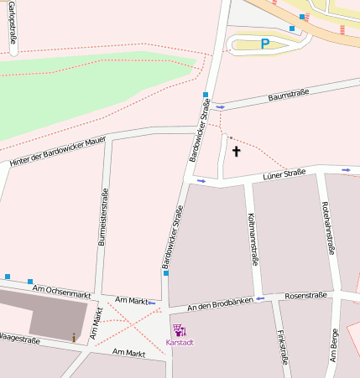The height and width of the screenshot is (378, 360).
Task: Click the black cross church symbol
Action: click(236, 152)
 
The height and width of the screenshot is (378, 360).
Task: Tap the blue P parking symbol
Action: click(264, 44)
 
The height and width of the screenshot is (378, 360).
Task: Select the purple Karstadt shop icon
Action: click(179, 330)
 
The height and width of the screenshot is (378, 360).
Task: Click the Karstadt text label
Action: click(180, 343)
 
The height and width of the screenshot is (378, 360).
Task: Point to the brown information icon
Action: click(74, 337)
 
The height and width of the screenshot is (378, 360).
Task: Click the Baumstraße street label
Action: click(287, 97)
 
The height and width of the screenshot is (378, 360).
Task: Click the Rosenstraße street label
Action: click(305, 295)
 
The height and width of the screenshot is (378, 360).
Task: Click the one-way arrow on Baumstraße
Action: click(221, 107)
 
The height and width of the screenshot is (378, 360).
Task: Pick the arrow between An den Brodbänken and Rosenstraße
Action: click(261, 298)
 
